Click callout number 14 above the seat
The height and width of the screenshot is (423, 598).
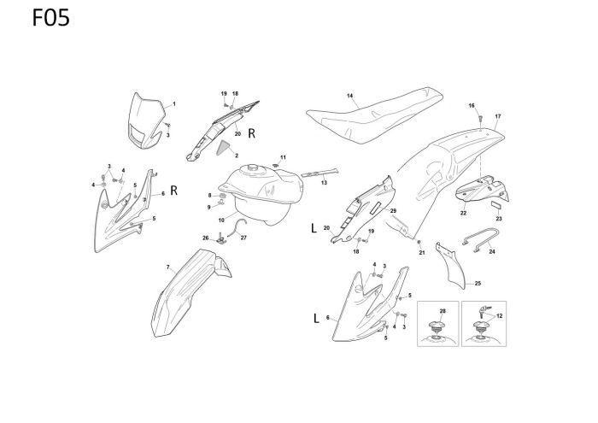click(350, 95)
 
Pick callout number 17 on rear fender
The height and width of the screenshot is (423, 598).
click(497, 115)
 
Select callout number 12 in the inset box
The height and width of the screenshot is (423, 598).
click(499, 315)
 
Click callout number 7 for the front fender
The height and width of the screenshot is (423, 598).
click(167, 267)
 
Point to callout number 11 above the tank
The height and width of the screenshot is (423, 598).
click(284, 157)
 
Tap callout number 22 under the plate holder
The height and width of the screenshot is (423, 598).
click(464, 212)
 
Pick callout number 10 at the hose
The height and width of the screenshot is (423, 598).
click(221, 220)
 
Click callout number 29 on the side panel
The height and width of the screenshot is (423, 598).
click(393, 210)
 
